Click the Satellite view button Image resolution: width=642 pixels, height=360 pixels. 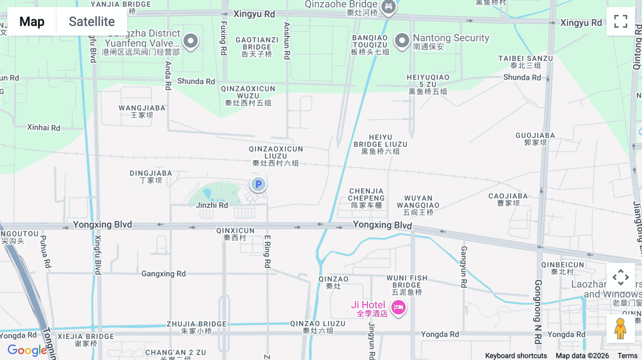[x=92, y=21]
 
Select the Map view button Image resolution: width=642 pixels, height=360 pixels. [x=32, y=21]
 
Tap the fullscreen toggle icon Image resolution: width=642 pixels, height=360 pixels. [x=621, y=21]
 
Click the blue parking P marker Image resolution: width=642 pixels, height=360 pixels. [x=258, y=184]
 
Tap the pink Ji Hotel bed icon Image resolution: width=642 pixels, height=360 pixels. [x=398, y=307]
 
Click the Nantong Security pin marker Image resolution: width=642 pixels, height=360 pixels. [x=402, y=40]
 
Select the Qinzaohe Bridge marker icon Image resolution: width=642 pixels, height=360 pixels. [x=388, y=6]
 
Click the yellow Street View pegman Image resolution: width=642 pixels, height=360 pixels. [x=620, y=328]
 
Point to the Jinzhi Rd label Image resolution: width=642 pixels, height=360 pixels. [x=212, y=205]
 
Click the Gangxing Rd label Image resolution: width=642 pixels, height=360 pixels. [x=163, y=274]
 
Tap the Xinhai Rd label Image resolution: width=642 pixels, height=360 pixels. [x=44, y=128]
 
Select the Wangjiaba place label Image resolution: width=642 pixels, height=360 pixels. [x=142, y=111]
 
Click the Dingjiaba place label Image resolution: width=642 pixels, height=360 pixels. [x=151, y=176]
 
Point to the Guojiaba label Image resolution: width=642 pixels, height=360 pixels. [x=535, y=139]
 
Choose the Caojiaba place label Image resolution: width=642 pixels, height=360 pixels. [x=508, y=199]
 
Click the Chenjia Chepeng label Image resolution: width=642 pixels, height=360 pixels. [x=366, y=198]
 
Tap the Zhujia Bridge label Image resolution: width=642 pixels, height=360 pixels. [x=197, y=327]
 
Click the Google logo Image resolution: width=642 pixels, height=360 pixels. [x=27, y=350]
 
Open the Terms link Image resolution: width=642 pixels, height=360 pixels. [x=627, y=356]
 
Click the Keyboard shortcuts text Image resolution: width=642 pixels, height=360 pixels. [x=516, y=356]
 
